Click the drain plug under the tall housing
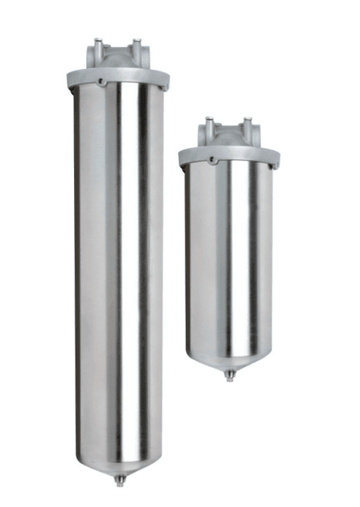119,479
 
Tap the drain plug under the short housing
230,375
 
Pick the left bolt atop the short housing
209,123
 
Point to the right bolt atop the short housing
245,123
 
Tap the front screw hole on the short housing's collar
212,159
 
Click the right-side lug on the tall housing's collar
166,79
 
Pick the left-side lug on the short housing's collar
182,156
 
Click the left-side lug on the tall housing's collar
71,80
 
